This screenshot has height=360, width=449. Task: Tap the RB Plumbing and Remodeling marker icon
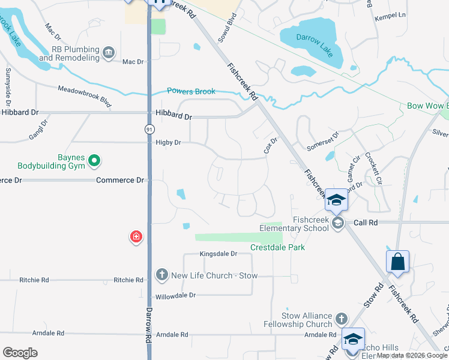pyautogui.click(x=109, y=53)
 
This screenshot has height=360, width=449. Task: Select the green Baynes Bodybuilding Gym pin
pyautogui.click(x=94, y=160)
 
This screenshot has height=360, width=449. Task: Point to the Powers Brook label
pyautogui.click(x=191, y=91)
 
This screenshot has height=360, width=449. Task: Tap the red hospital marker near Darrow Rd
pyautogui.click(x=136, y=237)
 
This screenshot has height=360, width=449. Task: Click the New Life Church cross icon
pyautogui.click(x=161, y=275)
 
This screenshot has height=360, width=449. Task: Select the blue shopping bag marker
pyautogui.click(x=397, y=262)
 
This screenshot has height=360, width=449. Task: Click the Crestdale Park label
pyautogui.click(x=277, y=247)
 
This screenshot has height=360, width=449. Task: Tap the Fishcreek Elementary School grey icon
pyautogui.click(x=337, y=224)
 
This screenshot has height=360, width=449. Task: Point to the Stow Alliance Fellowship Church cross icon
pyautogui.click(x=342, y=318)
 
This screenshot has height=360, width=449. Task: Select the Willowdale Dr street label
pyautogui.click(x=176, y=296)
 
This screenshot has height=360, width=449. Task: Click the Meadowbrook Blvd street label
pyautogui.click(x=85, y=96)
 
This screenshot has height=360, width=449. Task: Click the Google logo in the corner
pyautogui.click(x=20, y=353)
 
